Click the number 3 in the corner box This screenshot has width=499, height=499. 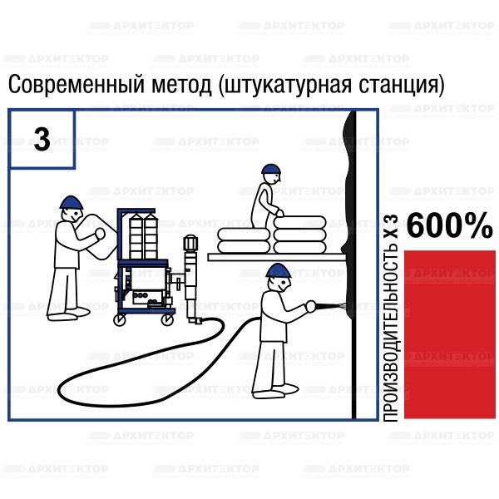tap(42, 139)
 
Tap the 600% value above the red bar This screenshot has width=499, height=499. tap(450, 225)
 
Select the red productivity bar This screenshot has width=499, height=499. tap(450, 334)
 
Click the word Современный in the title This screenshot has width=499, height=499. tap(76, 85)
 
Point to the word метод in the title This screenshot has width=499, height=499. tap(181, 85)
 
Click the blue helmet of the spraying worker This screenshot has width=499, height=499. tap(279, 271)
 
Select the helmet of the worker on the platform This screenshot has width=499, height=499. tap(271, 169)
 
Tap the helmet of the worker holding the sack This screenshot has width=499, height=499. tap(72, 202)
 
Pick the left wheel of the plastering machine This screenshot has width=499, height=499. tap(120, 320)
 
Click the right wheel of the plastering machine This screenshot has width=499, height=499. tap(167, 319)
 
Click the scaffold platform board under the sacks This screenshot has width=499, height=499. tap(277, 257)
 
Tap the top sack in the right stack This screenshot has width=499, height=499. tap(299, 222)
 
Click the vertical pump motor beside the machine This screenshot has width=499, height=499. tap(190, 277)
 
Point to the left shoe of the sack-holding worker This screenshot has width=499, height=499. tap(62, 317)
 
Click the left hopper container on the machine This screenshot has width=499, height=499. tap(136, 236)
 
